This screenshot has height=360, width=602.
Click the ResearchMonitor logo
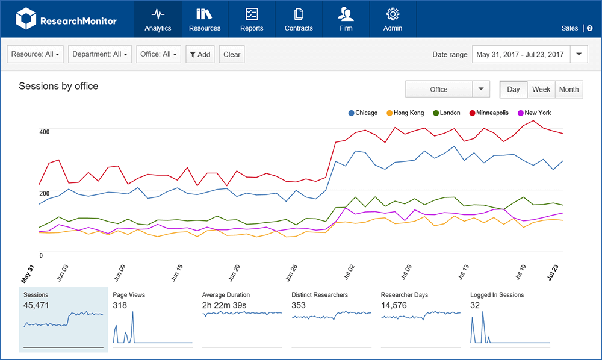click(x=66, y=20)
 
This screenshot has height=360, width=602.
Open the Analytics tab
click(x=158, y=19)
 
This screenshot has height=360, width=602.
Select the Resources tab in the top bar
click(x=205, y=19)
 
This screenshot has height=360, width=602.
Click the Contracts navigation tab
click(x=299, y=19)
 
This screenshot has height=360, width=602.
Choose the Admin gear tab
click(x=393, y=19)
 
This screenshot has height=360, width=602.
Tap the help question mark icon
click(x=590, y=28)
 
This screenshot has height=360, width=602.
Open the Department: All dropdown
click(x=100, y=54)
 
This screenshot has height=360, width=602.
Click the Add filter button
click(x=200, y=54)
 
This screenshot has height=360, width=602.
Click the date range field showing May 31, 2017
click(x=520, y=54)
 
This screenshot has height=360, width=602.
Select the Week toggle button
click(x=541, y=89)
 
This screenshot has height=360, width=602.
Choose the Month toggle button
click(x=568, y=89)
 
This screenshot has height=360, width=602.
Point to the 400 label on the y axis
click(x=45, y=132)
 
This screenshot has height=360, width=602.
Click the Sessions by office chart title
click(x=58, y=86)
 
